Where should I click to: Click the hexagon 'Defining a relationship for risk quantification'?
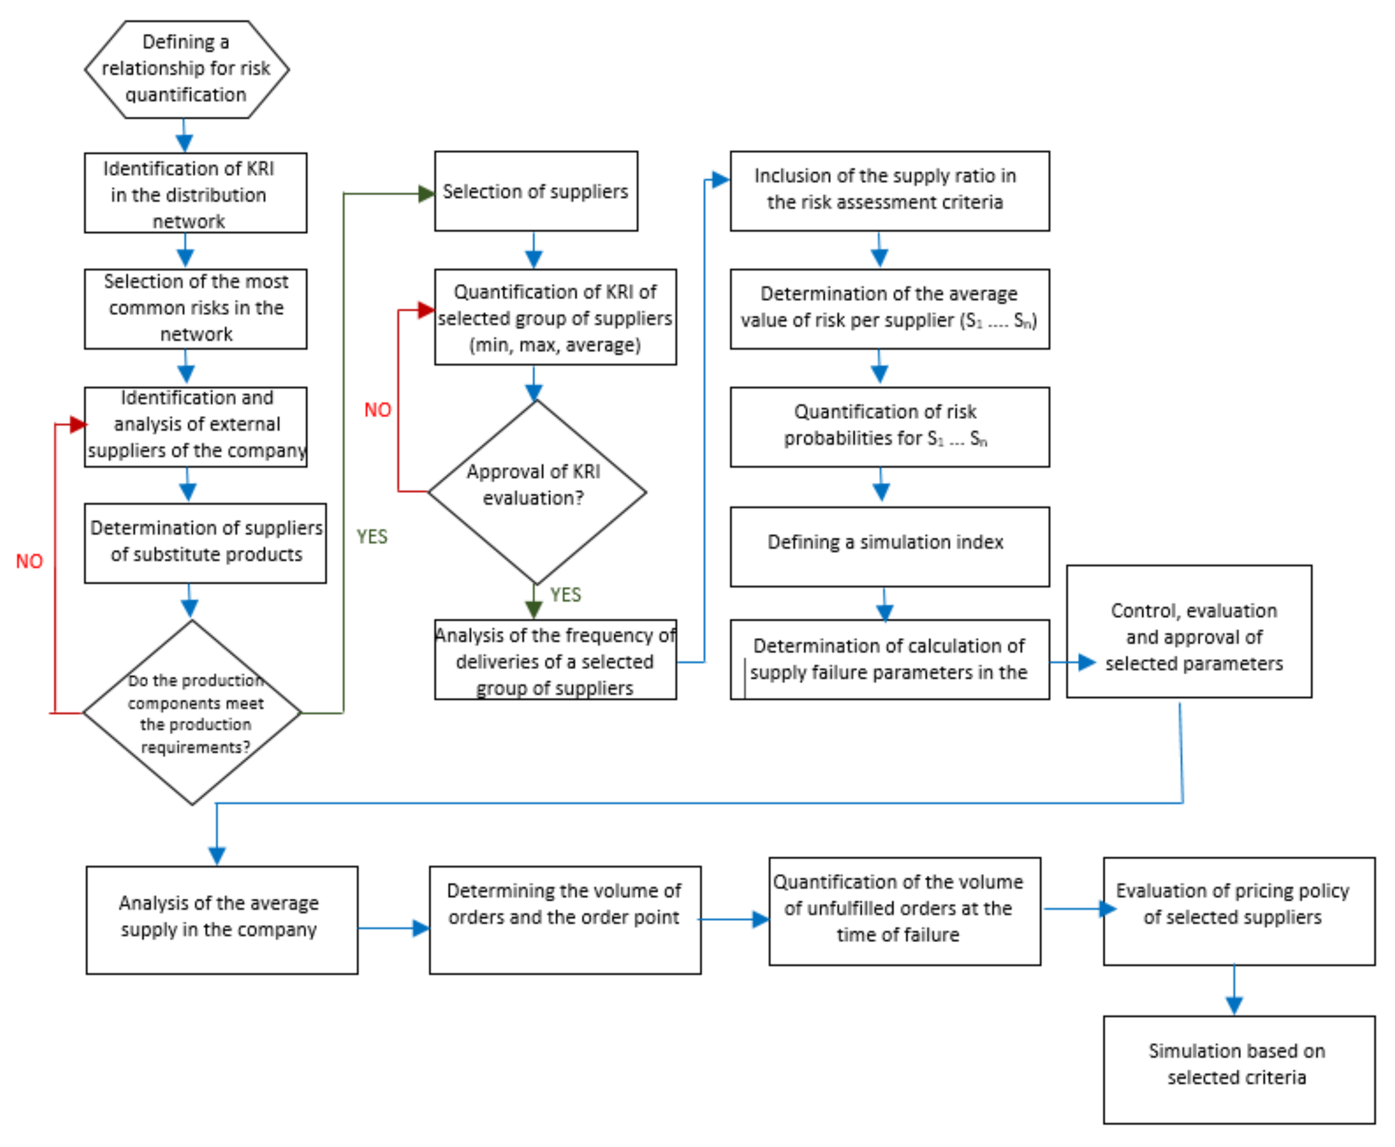(x=186, y=69)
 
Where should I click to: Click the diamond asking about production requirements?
(x=192, y=712)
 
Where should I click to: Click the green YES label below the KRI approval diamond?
(x=565, y=595)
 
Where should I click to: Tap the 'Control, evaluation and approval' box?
(x=1188, y=631)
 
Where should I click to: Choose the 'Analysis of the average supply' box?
(x=221, y=919)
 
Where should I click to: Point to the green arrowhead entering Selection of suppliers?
(x=426, y=194)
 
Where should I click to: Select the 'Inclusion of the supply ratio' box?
(x=889, y=191)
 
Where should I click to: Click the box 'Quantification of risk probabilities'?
(x=889, y=427)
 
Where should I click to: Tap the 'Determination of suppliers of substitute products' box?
(x=205, y=542)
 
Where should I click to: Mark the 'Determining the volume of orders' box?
(x=565, y=919)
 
